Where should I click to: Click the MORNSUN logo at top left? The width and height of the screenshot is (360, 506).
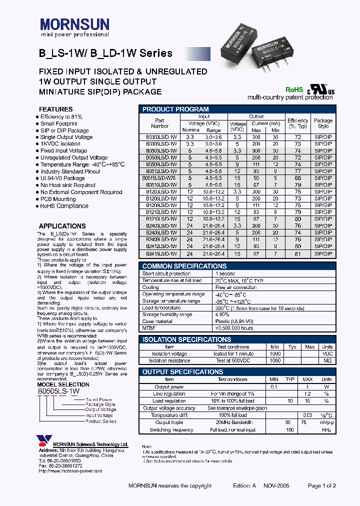pos(74,25)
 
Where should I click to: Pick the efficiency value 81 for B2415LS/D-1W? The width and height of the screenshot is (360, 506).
pos(297,253)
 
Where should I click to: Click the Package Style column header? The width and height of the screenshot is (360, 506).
pos(323,123)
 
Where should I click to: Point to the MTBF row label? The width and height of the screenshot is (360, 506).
pos(149,328)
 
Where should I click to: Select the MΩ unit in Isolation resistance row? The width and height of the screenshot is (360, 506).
pos(326,360)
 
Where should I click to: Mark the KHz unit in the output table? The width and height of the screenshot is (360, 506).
pos(326,430)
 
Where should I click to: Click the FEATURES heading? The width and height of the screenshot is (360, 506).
pos(55,109)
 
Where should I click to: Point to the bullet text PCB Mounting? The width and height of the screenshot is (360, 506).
pos(58,199)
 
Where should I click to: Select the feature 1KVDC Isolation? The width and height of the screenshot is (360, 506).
pos(60,144)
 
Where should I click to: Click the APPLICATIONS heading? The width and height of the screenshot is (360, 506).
pos(62,226)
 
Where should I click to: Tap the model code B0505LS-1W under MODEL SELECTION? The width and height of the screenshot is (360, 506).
pos(58,391)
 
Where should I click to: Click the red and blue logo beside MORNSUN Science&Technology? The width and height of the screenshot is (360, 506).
pos(43,441)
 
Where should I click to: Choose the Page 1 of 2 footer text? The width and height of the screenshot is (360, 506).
pos(322,485)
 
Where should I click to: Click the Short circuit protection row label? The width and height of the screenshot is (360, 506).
pos(166,273)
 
